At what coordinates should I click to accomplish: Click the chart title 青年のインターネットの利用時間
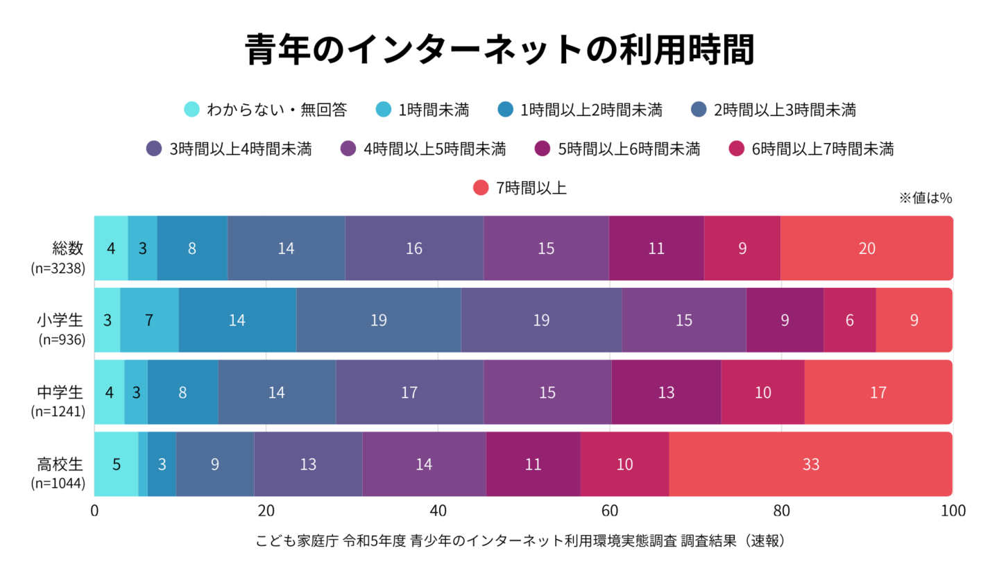pos(499,51)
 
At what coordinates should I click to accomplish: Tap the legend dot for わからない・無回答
pos(192,110)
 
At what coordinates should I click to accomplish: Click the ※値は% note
pos(925,198)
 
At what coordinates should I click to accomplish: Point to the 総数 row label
pos(68,247)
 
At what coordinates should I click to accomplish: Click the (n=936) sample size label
pos(62,339)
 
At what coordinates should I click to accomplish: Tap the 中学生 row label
pos(60,392)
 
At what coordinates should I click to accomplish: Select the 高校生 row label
pos(60,464)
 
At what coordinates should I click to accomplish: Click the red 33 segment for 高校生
pos(810,464)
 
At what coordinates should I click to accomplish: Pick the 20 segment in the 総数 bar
pos(866,248)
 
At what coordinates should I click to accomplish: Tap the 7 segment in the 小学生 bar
pos(149,321)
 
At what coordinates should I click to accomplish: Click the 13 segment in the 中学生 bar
pos(666,393)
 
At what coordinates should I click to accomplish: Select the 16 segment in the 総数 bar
pos(414,248)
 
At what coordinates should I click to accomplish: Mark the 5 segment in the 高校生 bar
pos(116,464)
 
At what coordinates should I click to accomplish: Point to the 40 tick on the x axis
pos(438,511)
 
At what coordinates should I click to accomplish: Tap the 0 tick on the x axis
pos(94,511)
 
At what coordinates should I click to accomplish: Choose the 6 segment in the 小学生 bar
pos(849,321)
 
